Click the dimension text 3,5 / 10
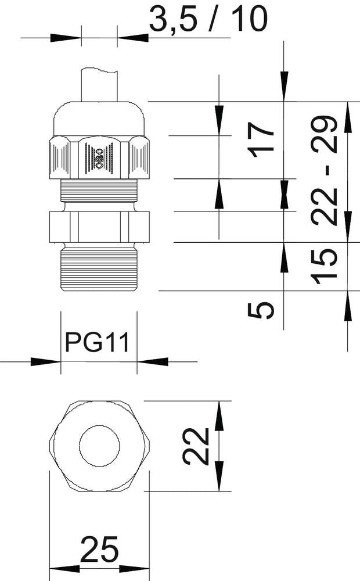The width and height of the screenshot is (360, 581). pos(208,20)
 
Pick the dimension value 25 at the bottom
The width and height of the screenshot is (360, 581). pos(99,550)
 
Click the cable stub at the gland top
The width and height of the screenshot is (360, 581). pos(99,85)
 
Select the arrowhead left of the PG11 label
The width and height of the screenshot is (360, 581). pos(46,361)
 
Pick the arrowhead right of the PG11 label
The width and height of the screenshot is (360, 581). pos(152,361)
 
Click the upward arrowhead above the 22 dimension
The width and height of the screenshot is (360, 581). pos(219,415)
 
